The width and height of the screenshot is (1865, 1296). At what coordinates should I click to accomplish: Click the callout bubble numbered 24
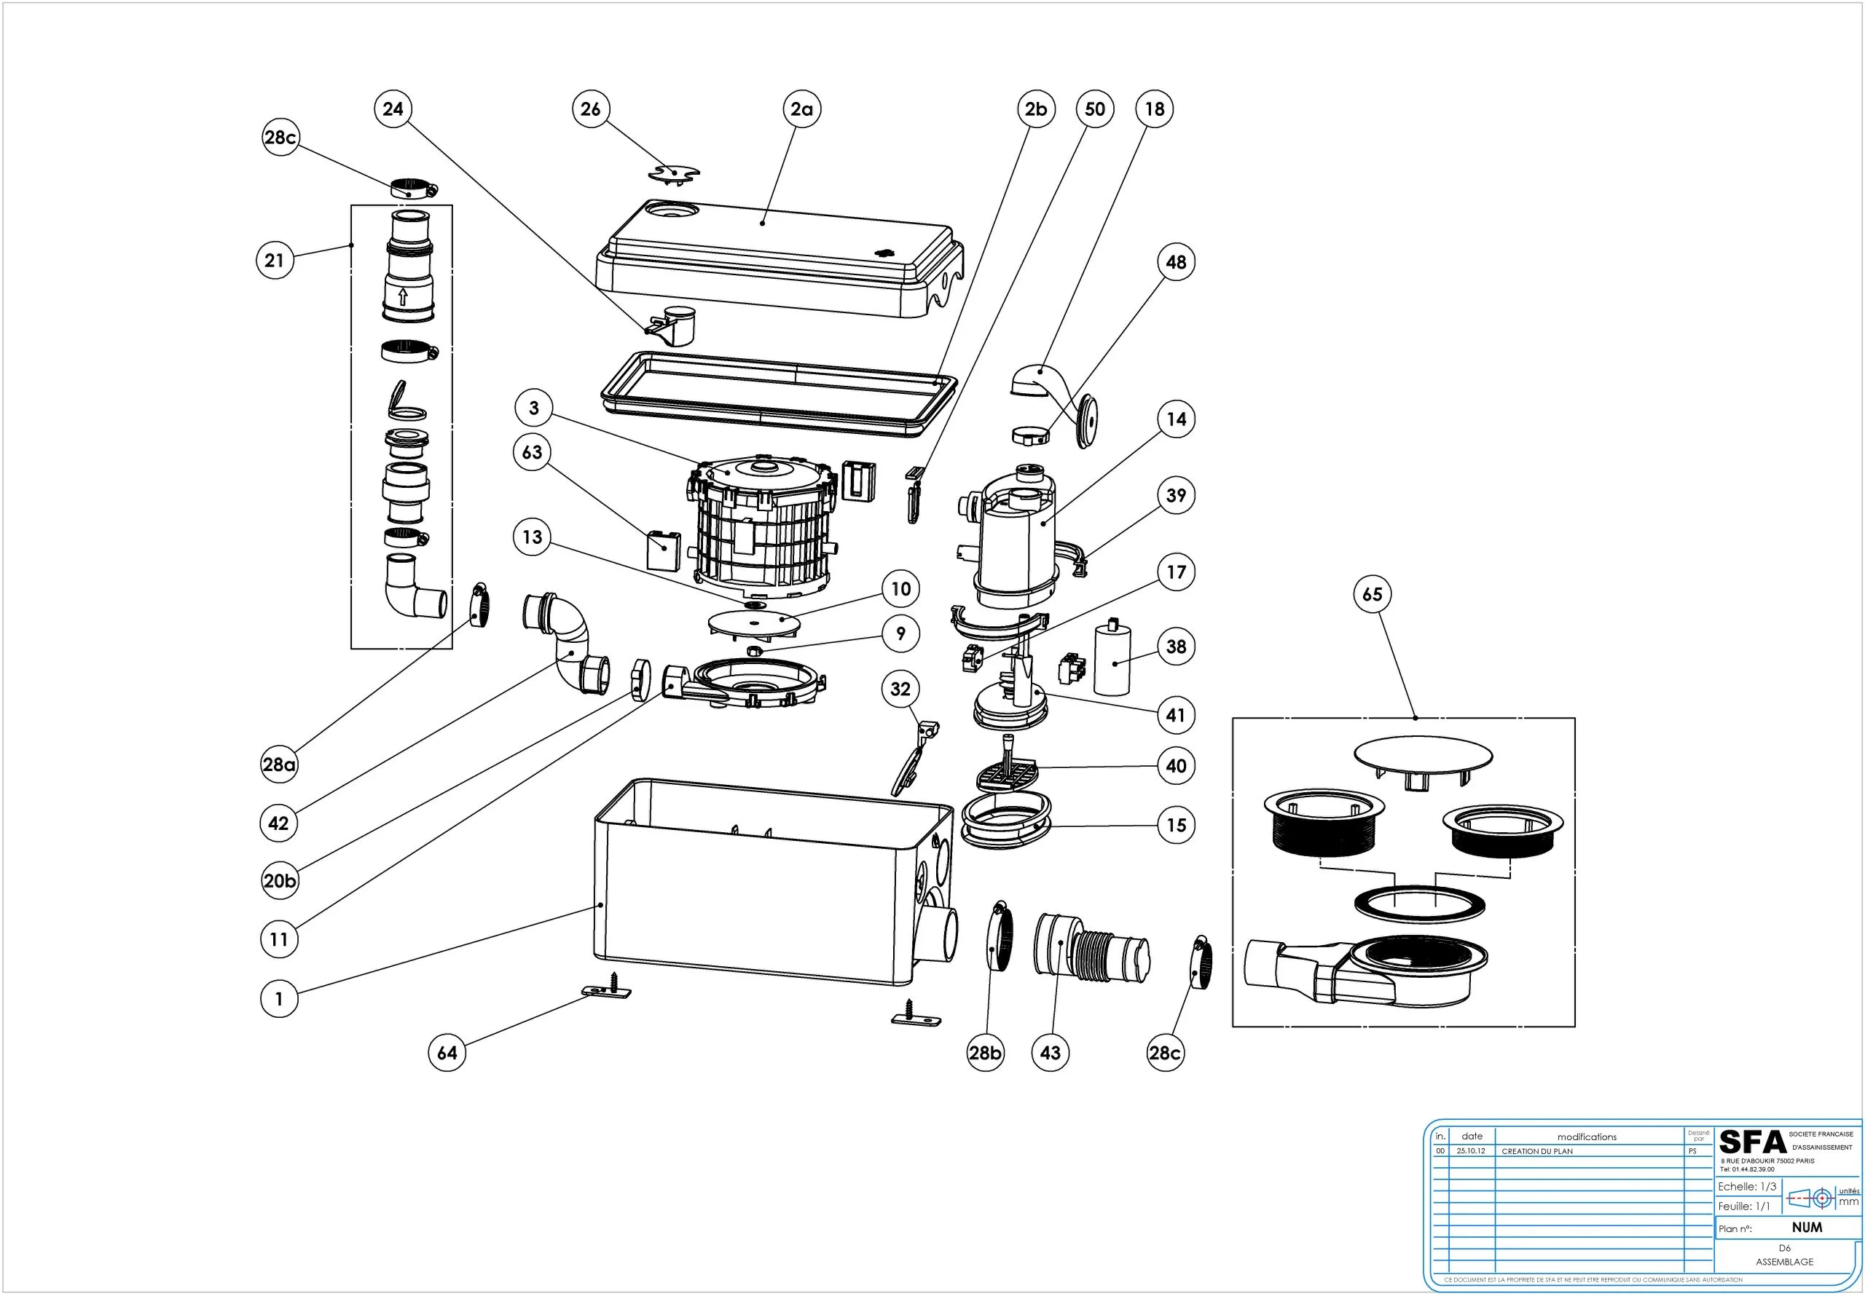(393, 108)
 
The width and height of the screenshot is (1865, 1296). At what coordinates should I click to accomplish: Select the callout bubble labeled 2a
(801, 108)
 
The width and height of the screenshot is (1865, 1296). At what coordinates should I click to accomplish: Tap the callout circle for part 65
(1373, 594)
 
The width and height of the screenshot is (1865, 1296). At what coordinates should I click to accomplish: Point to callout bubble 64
(447, 1054)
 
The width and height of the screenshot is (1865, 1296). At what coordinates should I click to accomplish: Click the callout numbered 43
(1051, 1054)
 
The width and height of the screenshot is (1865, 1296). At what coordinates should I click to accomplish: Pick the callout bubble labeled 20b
(280, 881)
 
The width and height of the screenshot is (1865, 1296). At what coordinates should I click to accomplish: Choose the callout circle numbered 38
(1176, 647)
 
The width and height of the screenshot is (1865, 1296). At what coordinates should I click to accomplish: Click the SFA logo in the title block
(1752, 1142)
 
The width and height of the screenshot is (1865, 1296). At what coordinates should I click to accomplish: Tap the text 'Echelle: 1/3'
(1746, 1186)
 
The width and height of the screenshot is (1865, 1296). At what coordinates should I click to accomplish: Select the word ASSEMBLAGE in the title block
(1784, 1262)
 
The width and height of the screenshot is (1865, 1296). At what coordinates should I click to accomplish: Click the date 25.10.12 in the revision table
(1471, 1151)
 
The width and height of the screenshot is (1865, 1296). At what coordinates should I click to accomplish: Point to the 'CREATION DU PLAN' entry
(1537, 1151)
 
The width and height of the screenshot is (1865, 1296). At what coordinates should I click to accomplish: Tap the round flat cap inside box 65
(1423, 755)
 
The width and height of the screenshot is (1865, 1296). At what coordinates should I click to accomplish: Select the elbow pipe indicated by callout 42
(568, 647)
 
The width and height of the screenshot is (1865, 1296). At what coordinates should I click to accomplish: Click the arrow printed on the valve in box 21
(402, 297)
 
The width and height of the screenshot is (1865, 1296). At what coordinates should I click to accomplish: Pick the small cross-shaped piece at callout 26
(674, 173)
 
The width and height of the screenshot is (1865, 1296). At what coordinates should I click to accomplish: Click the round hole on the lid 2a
(671, 210)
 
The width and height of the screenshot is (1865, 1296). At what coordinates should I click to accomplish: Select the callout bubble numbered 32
(900, 690)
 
